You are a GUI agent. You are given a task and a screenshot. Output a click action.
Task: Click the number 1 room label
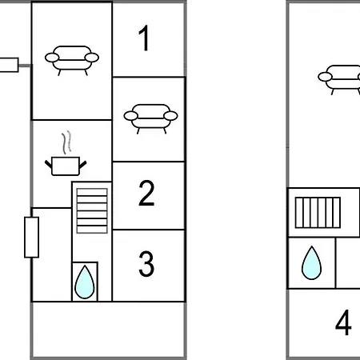(x=144, y=38)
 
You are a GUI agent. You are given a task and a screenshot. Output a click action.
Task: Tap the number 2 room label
(x=146, y=193)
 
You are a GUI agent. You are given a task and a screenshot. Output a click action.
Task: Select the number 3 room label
(x=146, y=264)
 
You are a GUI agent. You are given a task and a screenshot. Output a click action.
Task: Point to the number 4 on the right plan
(x=343, y=322)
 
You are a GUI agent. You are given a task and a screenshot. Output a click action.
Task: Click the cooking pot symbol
(x=66, y=166)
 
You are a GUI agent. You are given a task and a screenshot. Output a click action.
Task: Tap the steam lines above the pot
(x=66, y=142)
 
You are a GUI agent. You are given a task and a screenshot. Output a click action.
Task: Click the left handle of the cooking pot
(x=48, y=164)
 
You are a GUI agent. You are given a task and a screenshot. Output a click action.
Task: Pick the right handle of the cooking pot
(x=82, y=164)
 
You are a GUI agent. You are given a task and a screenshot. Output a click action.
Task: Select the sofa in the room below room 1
(x=150, y=119)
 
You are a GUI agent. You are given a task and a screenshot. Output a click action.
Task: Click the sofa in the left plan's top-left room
(x=72, y=61)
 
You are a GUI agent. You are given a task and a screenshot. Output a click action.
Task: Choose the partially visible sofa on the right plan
(x=339, y=80)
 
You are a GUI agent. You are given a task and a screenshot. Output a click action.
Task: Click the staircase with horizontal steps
(x=92, y=210)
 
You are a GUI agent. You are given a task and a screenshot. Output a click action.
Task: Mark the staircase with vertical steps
(x=318, y=213)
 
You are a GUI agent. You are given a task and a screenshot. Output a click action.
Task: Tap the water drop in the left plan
(x=85, y=282)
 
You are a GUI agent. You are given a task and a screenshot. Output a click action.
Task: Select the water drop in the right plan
(x=311, y=263)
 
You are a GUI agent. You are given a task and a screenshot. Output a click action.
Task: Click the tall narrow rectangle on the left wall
(x=32, y=238)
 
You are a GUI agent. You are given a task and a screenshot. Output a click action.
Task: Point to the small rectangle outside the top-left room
(x=9, y=65)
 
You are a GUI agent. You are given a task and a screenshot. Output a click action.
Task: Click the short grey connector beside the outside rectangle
(x=25, y=66)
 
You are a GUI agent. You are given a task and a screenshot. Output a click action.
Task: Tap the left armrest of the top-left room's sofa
(x=52, y=58)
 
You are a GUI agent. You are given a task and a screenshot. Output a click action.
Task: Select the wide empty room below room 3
(x=108, y=330)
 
